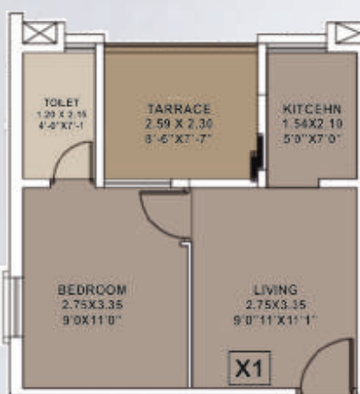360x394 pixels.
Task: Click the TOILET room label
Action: tap(56, 103)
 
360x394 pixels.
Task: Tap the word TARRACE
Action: tap(178, 109)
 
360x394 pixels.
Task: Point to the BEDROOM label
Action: tap(92, 290)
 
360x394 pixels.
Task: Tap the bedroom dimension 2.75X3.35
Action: tap(92, 303)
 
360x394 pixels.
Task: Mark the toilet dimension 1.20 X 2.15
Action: tap(56, 115)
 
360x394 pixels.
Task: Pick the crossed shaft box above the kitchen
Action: tap(343, 33)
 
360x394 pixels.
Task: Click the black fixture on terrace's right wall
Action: tap(257, 157)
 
